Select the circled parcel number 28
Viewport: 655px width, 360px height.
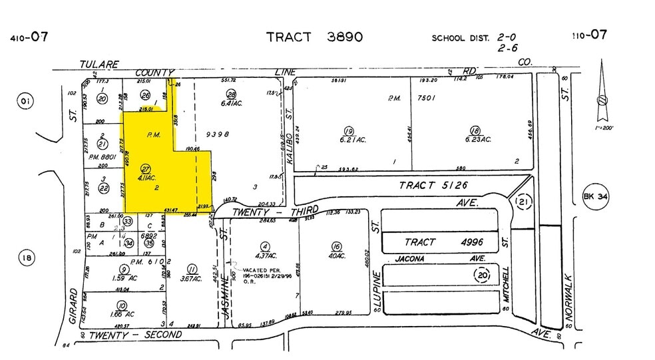pos(232,94)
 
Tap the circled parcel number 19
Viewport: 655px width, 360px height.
pos(348,130)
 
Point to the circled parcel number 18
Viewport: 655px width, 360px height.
pos(475,130)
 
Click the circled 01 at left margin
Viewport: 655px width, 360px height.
pos(25,101)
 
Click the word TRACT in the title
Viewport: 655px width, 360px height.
pos(289,37)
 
